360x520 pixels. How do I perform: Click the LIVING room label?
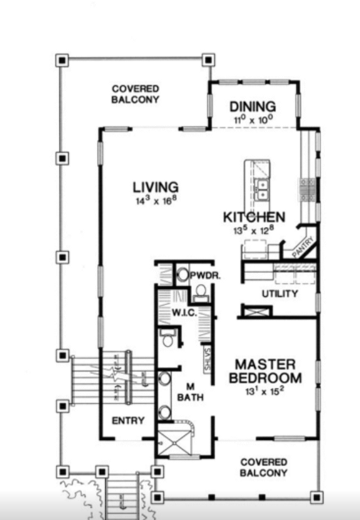pyautogui.click(x=155, y=187)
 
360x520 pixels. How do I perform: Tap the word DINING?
pyautogui.click(x=252, y=107)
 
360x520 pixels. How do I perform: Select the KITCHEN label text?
pyautogui.click(x=254, y=217)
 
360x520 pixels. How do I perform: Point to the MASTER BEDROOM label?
pyautogui.click(x=265, y=372)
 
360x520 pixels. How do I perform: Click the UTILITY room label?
pyautogui.click(x=279, y=294)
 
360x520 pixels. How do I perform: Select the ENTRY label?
pyautogui.click(x=128, y=420)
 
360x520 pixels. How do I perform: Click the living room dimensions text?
pyautogui.click(x=155, y=201)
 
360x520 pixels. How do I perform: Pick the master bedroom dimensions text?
pyautogui.click(x=265, y=395)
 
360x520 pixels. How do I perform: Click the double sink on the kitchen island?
pyautogui.click(x=262, y=189)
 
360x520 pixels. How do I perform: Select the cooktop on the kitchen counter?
pyautogui.click(x=307, y=188)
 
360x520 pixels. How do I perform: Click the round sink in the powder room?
pyautogui.click(x=183, y=274)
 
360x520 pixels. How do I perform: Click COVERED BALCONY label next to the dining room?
pyautogui.click(x=135, y=95)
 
